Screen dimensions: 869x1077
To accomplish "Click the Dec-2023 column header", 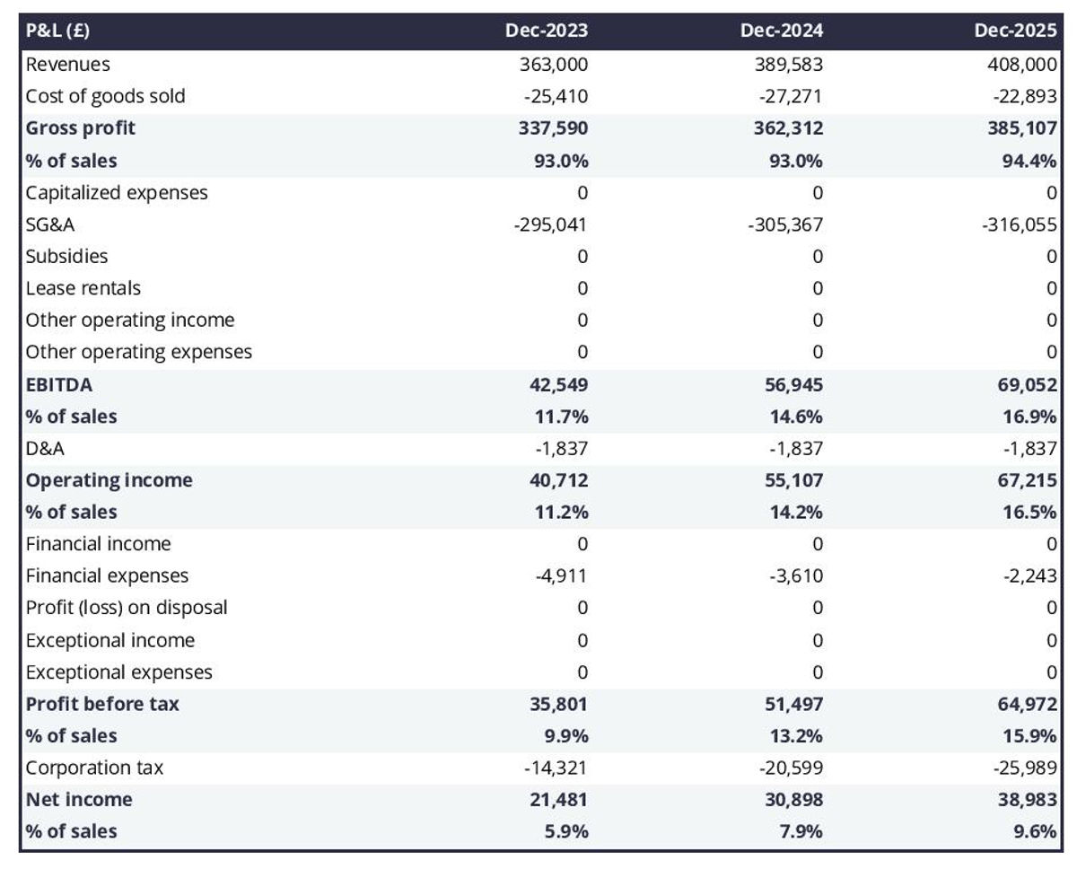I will (547, 31).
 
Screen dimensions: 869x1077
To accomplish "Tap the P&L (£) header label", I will (57, 31).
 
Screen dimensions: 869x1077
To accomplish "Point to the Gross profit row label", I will (81, 127).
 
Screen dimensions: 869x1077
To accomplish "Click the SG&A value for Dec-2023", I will (550, 224).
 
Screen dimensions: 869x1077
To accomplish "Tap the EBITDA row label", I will (59, 384).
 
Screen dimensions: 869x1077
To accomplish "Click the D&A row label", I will (45, 448).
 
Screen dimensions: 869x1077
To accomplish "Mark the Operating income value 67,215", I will (1027, 480).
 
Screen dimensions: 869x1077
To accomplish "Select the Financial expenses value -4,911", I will (561, 575).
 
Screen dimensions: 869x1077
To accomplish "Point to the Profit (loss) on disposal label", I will (127, 608).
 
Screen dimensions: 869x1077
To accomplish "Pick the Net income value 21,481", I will (557, 799).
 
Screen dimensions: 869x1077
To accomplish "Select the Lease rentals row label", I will (83, 288).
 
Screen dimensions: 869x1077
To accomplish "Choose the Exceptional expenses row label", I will (119, 671).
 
